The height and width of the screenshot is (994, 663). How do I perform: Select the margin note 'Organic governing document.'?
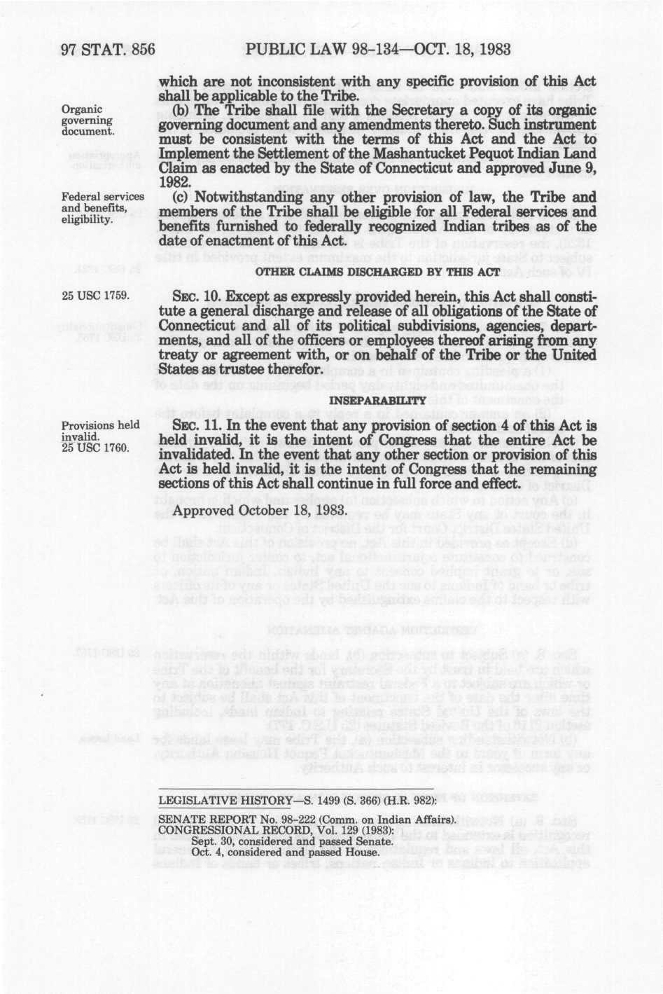coord(88,120)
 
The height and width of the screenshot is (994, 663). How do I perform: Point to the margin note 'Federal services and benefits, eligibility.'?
coord(102,208)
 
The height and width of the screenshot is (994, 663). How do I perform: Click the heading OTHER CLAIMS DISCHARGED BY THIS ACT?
coord(379,271)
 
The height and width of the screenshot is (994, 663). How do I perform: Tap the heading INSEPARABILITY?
coord(378,400)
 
